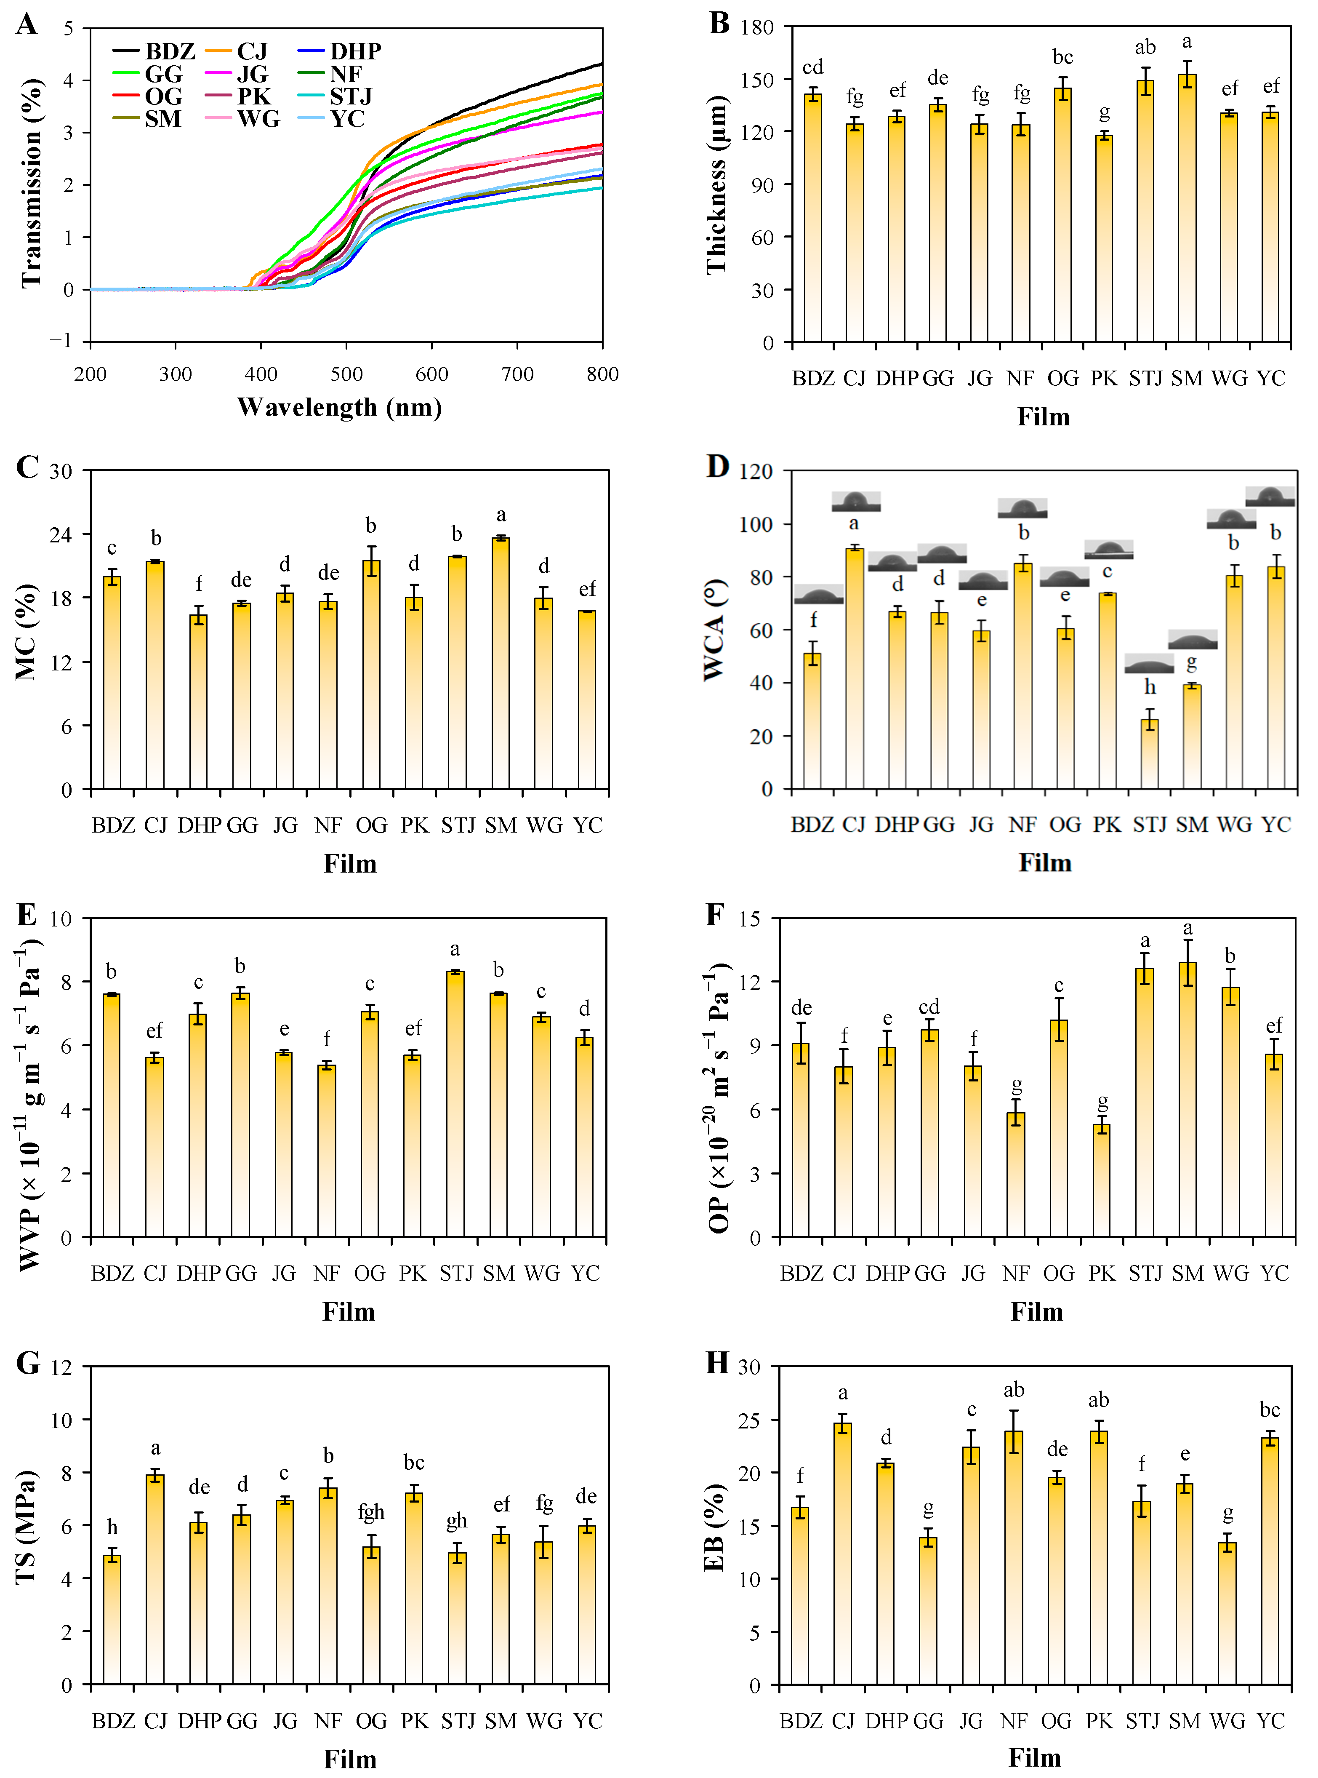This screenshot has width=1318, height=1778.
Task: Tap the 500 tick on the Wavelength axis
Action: point(346,374)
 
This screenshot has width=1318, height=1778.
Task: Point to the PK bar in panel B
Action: point(1103,239)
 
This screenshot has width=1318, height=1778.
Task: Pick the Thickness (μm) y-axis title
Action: point(716,185)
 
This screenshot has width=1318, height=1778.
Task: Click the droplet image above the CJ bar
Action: point(856,501)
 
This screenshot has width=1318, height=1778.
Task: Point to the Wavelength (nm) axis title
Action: point(340,408)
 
